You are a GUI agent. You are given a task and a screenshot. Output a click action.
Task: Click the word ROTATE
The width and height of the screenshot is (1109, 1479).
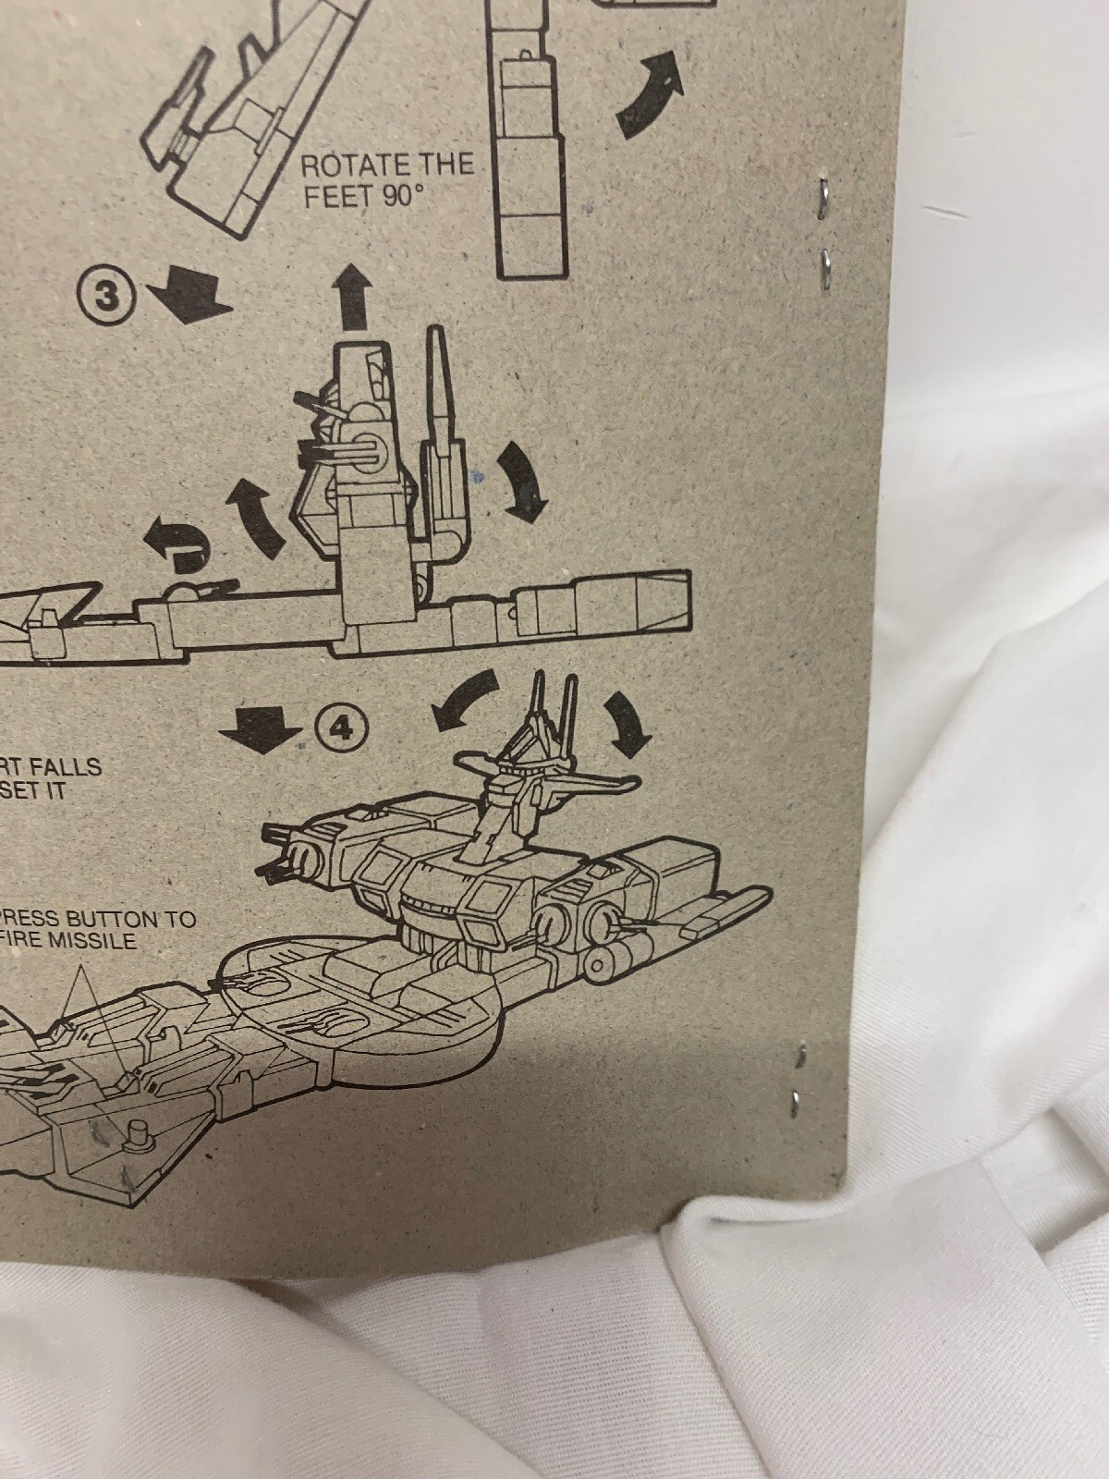pos(344,167)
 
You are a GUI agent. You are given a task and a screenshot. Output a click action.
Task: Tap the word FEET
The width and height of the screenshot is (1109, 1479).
pos(335,198)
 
